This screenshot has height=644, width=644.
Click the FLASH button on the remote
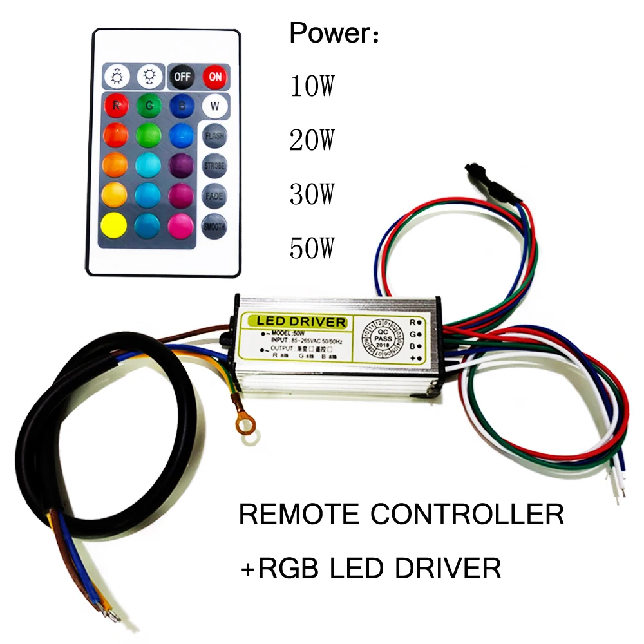pyautogui.click(x=213, y=136)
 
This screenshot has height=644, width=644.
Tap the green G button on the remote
pyautogui.click(x=149, y=105)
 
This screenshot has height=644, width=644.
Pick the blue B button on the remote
pyautogui.click(x=181, y=105)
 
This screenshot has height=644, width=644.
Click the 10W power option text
pyautogui.click(x=313, y=86)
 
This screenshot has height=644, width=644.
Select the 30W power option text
pyautogui.click(x=313, y=193)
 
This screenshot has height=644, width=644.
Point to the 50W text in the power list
pyautogui.click(x=313, y=247)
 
